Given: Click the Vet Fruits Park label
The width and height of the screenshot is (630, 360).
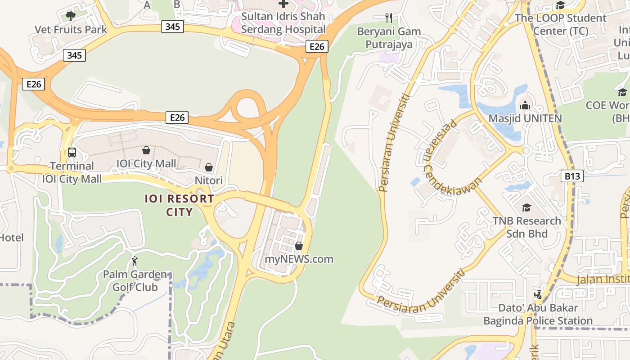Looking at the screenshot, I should pyautogui.click(x=71, y=30).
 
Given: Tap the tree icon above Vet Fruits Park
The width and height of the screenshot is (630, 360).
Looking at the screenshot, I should pyautogui.click(x=70, y=16).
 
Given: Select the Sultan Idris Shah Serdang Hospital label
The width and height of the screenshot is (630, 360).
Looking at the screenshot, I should pyautogui.click(x=283, y=23).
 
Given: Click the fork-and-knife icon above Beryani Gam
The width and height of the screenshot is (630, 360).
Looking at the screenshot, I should pyautogui.click(x=389, y=18).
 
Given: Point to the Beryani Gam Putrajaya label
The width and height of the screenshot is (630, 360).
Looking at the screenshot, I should pyautogui.click(x=389, y=38).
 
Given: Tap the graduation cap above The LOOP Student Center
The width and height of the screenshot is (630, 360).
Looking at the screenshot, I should pyautogui.click(x=560, y=5).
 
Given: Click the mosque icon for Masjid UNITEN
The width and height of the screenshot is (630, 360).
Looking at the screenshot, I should pyautogui.click(x=525, y=106).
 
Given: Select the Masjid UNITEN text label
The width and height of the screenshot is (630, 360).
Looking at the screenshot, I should pyautogui.click(x=525, y=118).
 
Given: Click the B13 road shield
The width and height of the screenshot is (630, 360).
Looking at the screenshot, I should pyautogui.click(x=572, y=176).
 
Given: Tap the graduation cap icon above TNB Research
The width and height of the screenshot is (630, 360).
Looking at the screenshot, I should pyautogui.click(x=526, y=207).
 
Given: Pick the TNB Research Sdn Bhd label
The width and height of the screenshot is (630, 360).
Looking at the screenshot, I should pyautogui.click(x=526, y=227).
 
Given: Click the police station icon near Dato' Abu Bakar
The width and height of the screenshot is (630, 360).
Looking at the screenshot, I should pyautogui.click(x=538, y=295).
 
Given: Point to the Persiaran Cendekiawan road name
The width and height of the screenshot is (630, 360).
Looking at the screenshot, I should pyautogui.click(x=450, y=157).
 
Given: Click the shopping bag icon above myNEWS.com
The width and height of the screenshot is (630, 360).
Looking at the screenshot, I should pyautogui.click(x=298, y=246).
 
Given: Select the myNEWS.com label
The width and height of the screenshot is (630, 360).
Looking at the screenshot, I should pyautogui.click(x=299, y=259).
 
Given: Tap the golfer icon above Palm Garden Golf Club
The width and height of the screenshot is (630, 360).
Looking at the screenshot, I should pyautogui.click(x=135, y=261).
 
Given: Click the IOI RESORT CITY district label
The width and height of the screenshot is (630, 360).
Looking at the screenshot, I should pyautogui.click(x=179, y=205).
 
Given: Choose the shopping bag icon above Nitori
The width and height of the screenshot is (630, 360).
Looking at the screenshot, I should pyautogui.click(x=209, y=167).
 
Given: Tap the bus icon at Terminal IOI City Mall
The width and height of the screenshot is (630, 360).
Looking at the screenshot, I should pyautogui.click(x=72, y=153).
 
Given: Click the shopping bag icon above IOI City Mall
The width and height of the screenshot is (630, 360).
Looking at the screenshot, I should pyautogui.click(x=146, y=150).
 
